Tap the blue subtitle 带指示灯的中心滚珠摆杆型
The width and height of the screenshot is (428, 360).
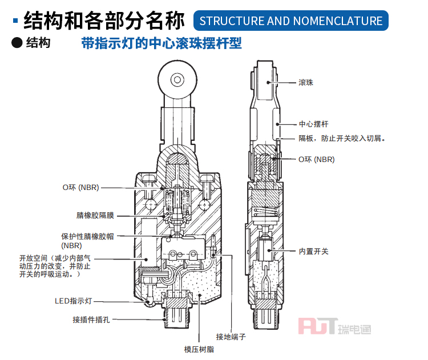click(161, 43)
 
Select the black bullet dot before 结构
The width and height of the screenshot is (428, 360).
click(17, 43)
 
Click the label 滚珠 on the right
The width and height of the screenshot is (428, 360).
click(306, 83)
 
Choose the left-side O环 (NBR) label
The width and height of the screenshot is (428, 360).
click(80, 187)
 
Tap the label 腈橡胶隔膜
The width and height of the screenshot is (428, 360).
click(95, 216)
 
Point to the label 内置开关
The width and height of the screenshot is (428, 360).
click(313, 251)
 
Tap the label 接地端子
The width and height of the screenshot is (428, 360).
click(231, 337)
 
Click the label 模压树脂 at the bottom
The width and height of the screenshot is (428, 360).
click(199, 349)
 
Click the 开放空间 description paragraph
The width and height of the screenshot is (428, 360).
click(54, 266)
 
